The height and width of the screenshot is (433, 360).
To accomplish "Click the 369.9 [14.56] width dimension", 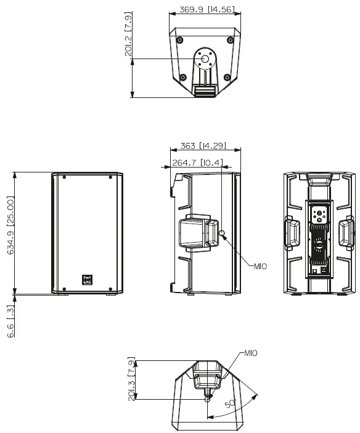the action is (207, 9).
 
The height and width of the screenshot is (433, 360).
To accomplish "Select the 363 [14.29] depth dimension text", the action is (203, 145).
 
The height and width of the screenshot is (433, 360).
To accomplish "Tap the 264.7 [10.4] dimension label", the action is (197, 163).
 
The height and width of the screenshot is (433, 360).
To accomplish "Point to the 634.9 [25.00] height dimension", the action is (10, 225).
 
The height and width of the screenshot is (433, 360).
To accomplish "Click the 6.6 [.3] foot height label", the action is (10, 321).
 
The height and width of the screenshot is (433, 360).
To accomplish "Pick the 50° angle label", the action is (231, 403).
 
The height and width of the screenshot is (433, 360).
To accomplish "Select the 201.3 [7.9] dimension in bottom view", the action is (131, 379).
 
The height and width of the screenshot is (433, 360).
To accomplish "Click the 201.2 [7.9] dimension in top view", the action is (128, 34).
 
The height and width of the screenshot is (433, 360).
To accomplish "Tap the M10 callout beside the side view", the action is (261, 267).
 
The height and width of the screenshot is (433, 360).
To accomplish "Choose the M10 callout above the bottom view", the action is (251, 353).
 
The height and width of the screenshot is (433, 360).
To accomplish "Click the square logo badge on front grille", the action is (88, 280).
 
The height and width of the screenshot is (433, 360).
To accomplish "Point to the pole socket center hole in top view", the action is (205, 59).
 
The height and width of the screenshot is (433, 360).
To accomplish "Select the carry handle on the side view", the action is (198, 233).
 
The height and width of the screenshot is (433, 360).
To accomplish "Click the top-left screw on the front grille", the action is (64, 177).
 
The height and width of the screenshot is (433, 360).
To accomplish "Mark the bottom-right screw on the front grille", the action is (110, 289).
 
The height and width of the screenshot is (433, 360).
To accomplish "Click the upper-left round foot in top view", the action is (180, 40).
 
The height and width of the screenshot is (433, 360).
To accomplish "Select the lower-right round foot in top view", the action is (227, 77).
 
